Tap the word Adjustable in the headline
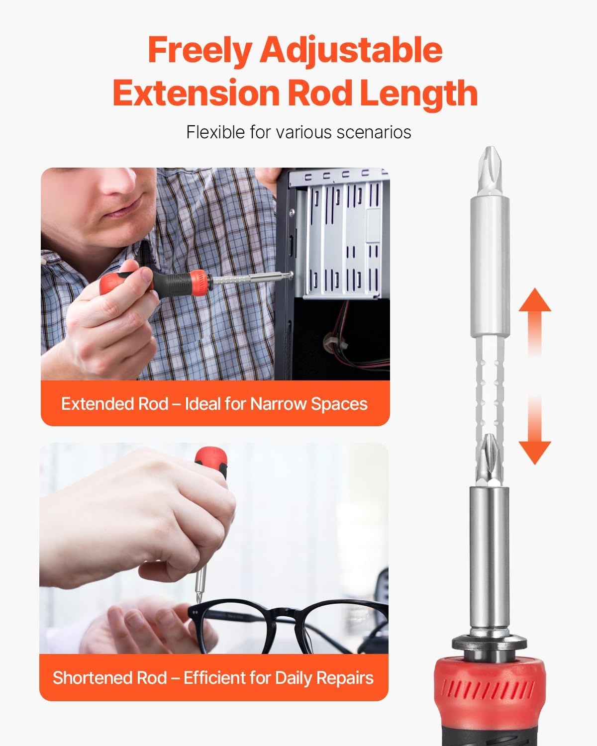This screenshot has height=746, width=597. coord(351,52)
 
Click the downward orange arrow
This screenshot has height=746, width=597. coord(534,429)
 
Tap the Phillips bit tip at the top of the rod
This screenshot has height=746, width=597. coord(490,170)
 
